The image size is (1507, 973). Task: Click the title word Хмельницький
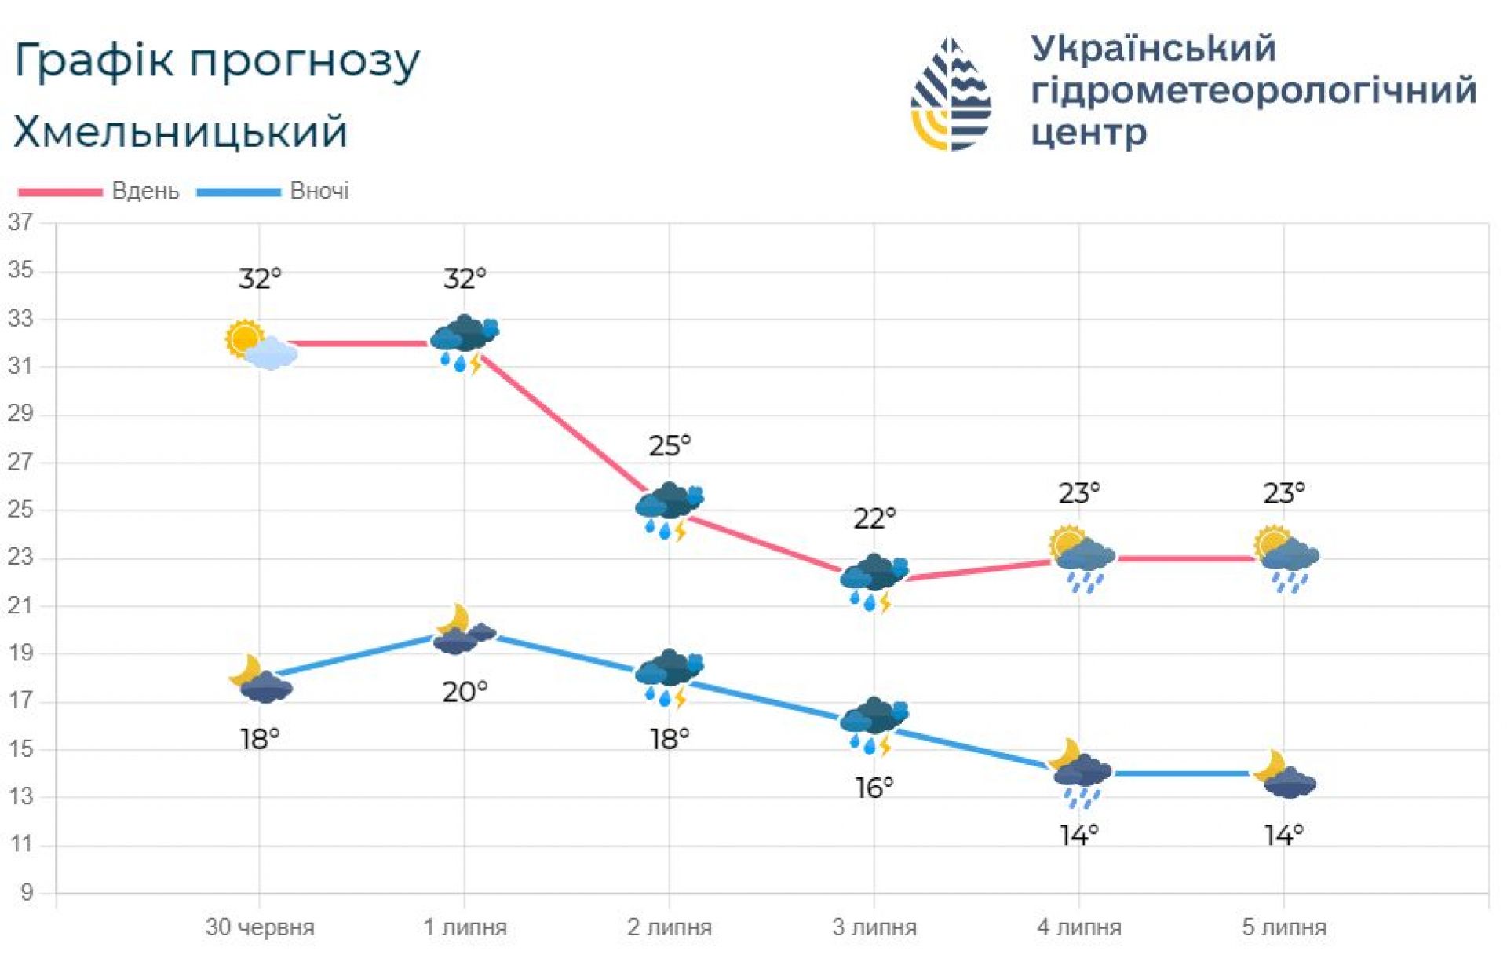coord(181,132)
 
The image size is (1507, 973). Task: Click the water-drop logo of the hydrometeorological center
coord(951,94)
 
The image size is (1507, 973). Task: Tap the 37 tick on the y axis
coord(21,223)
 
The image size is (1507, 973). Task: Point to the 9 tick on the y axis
coord(27,893)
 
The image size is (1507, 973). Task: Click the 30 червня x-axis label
coord(260,927)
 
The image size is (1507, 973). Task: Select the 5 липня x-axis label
coord(1283,927)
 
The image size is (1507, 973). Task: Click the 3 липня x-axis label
coord(874,927)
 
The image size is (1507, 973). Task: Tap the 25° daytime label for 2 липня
coord(670,446)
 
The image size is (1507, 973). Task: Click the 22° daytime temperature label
coord(874,518)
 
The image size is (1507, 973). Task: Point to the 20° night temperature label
coord(465,692)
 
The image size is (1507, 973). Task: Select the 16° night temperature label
coord(874,788)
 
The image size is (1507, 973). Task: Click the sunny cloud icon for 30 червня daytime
coord(261,345)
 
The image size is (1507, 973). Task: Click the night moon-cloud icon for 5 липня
coord(1285,775)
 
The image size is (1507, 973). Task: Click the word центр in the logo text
coord(1088,132)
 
